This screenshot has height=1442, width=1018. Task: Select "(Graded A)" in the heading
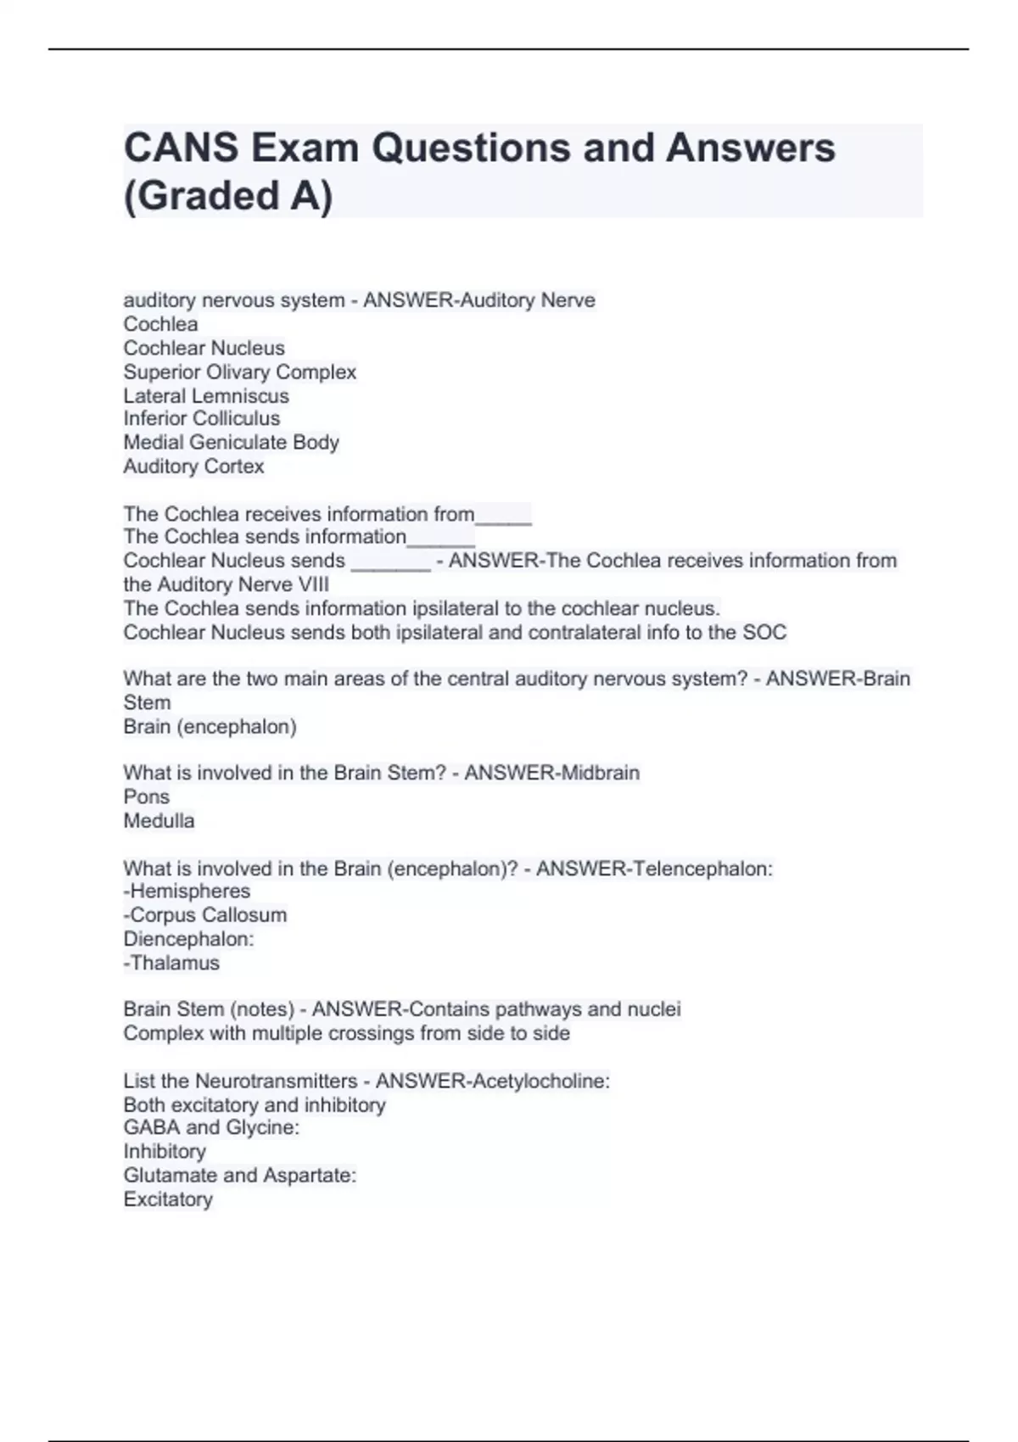[228, 195]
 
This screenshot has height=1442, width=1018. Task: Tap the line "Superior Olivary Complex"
[239, 372]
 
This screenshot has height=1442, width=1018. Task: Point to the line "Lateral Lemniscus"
[206, 396]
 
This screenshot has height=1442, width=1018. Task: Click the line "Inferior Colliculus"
[201, 419]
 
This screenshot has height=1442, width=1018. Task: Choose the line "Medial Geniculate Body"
[231, 443]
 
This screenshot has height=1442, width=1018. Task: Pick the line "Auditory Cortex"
[193, 467]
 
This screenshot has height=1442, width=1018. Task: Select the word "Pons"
[146, 797]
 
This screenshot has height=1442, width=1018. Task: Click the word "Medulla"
[159, 821]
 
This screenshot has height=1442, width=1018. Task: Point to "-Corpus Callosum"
[205, 915]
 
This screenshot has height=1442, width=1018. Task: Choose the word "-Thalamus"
[171, 964]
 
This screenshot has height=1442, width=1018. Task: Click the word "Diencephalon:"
[188, 939]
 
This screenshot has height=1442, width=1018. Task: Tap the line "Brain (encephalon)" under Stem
[210, 727]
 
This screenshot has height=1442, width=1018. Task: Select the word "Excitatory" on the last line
[168, 1199]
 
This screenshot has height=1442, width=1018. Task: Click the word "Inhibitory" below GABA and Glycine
[165, 1152]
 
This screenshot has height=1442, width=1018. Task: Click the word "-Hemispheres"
[187, 891]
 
